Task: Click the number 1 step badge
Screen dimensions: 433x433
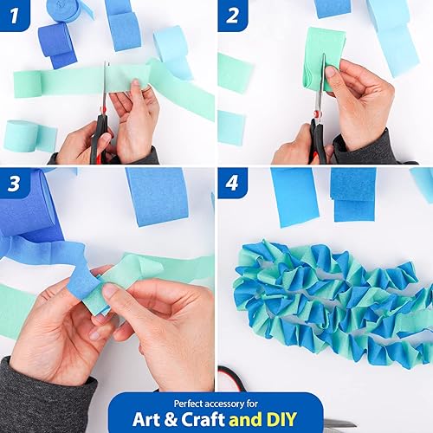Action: click(x=15, y=15)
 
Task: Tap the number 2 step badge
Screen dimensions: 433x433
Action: click(x=232, y=15)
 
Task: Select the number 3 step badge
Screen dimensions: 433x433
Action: click(x=15, y=184)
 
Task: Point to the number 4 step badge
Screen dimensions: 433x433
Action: click(x=232, y=184)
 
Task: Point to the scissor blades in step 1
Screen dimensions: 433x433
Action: click(x=106, y=87)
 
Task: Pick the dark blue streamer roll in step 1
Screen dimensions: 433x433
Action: click(x=57, y=43)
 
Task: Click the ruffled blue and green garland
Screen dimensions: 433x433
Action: click(x=329, y=303)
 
